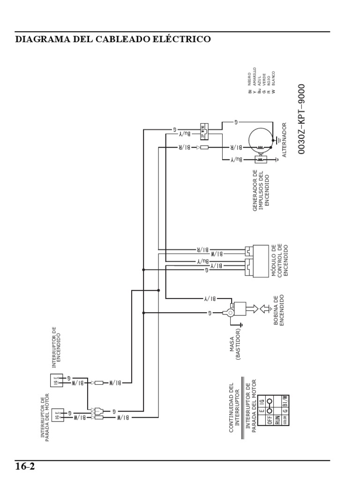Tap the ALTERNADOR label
pyautogui.click(x=284, y=141)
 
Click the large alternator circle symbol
pyautogui.click(x=260, y=140)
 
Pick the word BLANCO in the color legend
pyautogui.click(x=273, y=82)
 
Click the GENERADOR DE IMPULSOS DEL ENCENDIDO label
pyautogui.click(x=262, y=190)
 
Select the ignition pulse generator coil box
pyautogui.click(x=260, y=160)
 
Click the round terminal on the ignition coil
pyautogui.click(x=231, y=313)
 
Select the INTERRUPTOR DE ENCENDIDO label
pyautogui.click(x=56, y=347)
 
